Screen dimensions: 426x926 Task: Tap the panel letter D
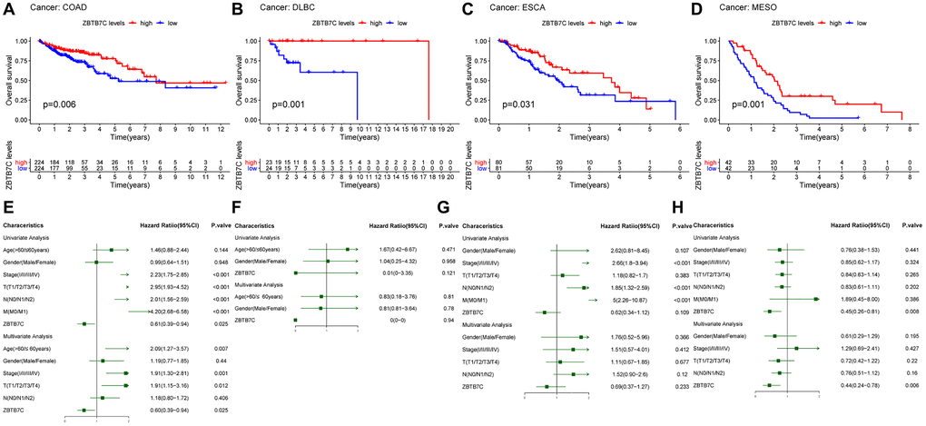coord(694,10)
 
